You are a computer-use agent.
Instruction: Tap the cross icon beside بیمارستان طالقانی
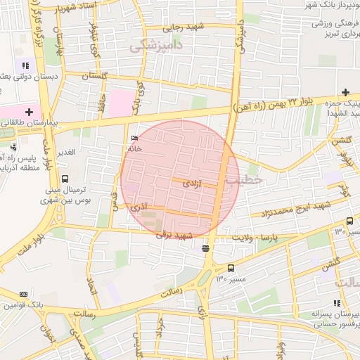(x=29, y=111)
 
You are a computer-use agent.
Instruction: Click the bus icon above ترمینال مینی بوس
(x=65, y=179)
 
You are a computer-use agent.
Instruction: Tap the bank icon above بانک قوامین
(x=23, y=294)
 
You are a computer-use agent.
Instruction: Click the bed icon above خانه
(x=134, y=139)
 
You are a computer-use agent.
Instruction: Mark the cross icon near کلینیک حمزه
(x=345, y=92)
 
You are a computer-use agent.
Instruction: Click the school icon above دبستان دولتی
(x=26, y=65)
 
